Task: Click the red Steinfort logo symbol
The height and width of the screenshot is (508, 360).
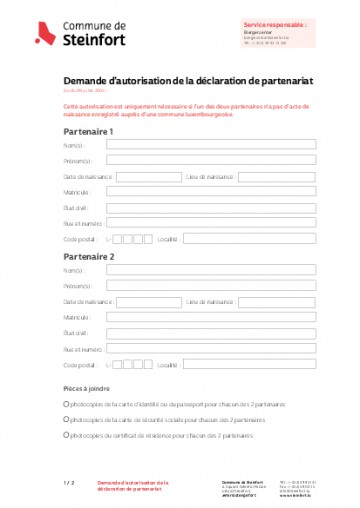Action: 44,33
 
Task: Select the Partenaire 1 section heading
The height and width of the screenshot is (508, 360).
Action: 88,131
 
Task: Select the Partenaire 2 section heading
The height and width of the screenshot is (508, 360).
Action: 88,256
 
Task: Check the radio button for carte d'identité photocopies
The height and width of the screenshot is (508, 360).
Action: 66,404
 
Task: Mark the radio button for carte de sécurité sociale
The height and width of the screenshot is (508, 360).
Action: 66,420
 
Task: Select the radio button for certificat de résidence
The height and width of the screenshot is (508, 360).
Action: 66,435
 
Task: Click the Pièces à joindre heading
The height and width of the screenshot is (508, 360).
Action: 87,388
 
